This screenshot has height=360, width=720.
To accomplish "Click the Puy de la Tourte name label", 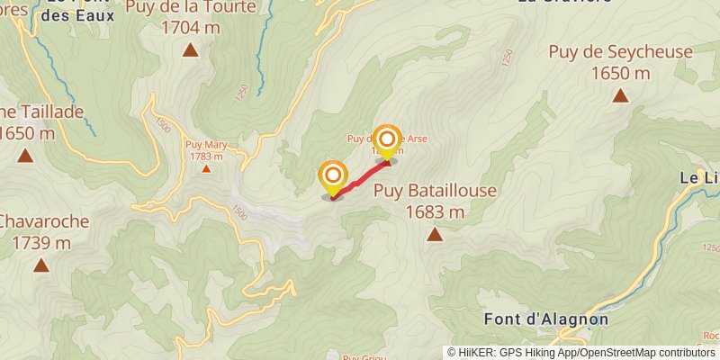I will point(191,8).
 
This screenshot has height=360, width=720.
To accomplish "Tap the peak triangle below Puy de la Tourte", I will point(190,49).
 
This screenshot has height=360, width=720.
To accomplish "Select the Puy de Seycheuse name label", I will point(621,52).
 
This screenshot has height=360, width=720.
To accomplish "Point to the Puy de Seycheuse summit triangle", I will point(620,94).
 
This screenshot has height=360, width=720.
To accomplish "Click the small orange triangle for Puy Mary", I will point(206,168).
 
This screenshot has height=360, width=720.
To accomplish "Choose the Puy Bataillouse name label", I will point(435,191).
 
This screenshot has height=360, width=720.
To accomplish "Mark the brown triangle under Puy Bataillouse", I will point(435,235).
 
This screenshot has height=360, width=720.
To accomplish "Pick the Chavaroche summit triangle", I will point(40,265).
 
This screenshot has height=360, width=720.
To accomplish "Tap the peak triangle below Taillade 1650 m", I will point(25,156).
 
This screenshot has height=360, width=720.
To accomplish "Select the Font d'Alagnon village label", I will point(545,319).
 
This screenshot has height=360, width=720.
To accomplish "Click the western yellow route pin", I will point(333,176).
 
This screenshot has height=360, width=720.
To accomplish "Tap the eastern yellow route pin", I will point(387,141).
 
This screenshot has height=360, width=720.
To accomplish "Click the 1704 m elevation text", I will point(190,27).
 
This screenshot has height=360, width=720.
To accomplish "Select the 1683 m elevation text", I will point(435,212).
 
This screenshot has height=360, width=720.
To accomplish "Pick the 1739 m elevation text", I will point(41,243).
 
